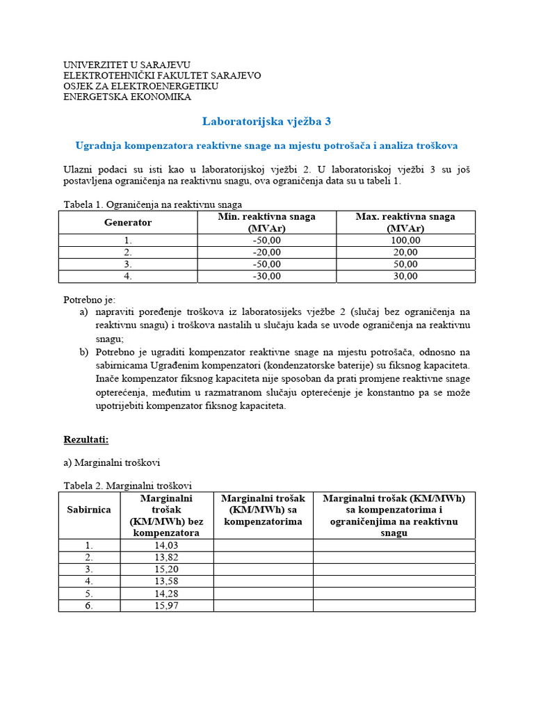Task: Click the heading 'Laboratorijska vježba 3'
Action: pos(266,122)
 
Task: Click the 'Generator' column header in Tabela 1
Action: pos(128,222)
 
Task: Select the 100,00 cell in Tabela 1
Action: pos(405,241)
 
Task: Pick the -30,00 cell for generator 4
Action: pos(267,276)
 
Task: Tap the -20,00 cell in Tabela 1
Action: pos(267,252)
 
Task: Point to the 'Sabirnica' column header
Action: pos(89,510)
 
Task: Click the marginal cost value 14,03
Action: pos(166,546)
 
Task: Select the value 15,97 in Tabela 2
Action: pos(166,606)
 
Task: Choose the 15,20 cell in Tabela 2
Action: pos(166,569)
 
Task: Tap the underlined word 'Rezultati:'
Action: pos(86,440)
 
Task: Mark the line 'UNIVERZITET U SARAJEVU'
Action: pos(127,64)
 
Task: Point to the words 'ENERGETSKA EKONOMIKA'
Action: pos(127,97)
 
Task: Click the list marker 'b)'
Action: pos(84,352)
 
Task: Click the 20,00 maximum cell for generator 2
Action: pos(405,252)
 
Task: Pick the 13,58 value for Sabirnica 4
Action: pos(166,581)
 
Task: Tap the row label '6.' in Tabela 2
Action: pos(89,606)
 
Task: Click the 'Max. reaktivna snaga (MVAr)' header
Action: pos(405,222)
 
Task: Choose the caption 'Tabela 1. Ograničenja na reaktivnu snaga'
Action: pos(152,204)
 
